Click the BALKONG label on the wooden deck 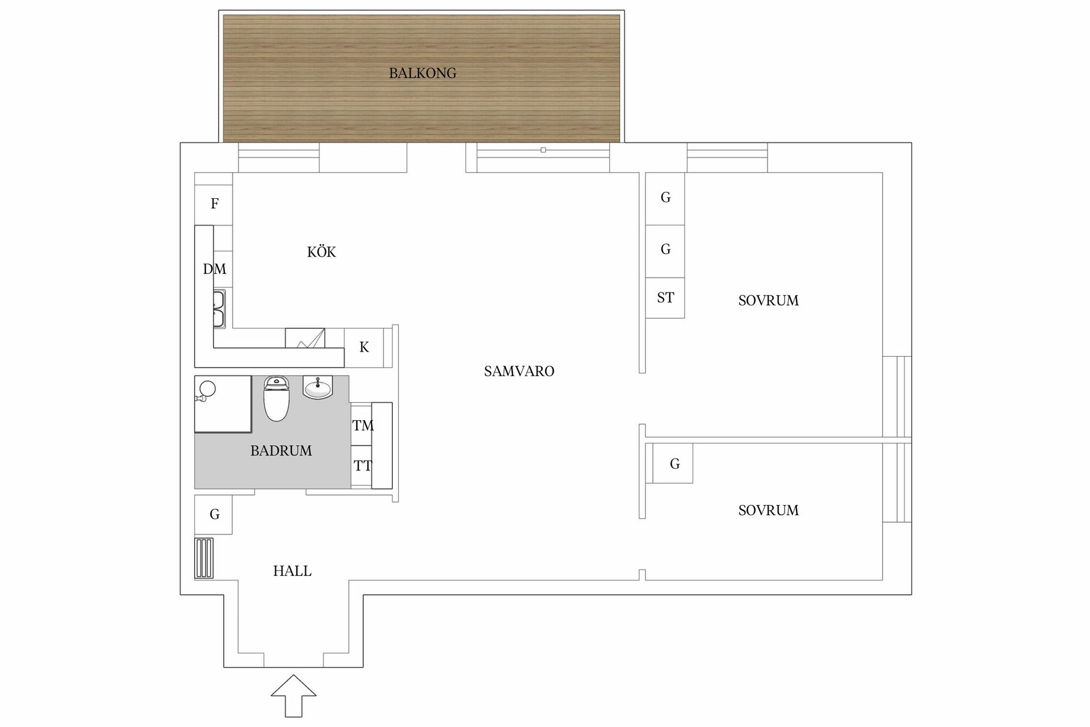422,73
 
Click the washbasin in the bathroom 318,388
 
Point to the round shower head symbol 207,389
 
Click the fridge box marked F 214,204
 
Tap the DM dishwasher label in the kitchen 215,269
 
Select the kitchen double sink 219,309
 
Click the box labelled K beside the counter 364,347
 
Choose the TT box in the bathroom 362,466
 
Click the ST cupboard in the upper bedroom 665,298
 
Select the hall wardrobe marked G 214,515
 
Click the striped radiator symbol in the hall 204,558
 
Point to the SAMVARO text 519,371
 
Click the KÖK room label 321,252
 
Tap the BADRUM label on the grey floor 281,451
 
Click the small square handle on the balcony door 543,150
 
